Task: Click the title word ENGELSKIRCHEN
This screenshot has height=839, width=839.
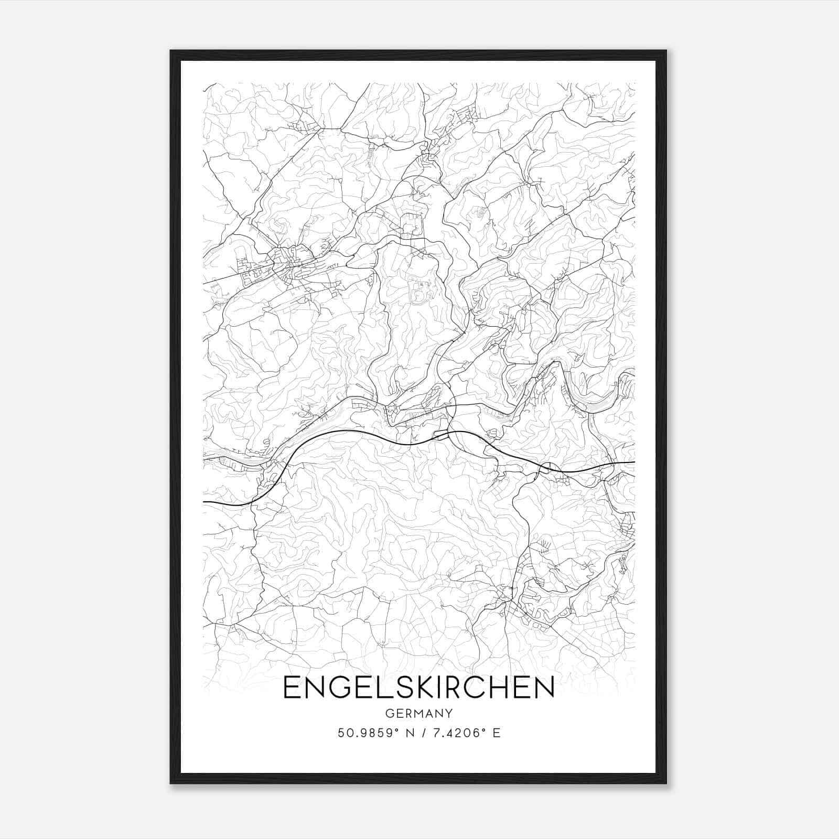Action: pos(418,687)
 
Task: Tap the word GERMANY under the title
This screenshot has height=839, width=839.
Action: pos(419,713)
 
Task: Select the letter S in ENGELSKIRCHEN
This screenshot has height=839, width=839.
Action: pos(402,687)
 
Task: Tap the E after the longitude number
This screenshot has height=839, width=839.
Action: pos(497,733)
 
